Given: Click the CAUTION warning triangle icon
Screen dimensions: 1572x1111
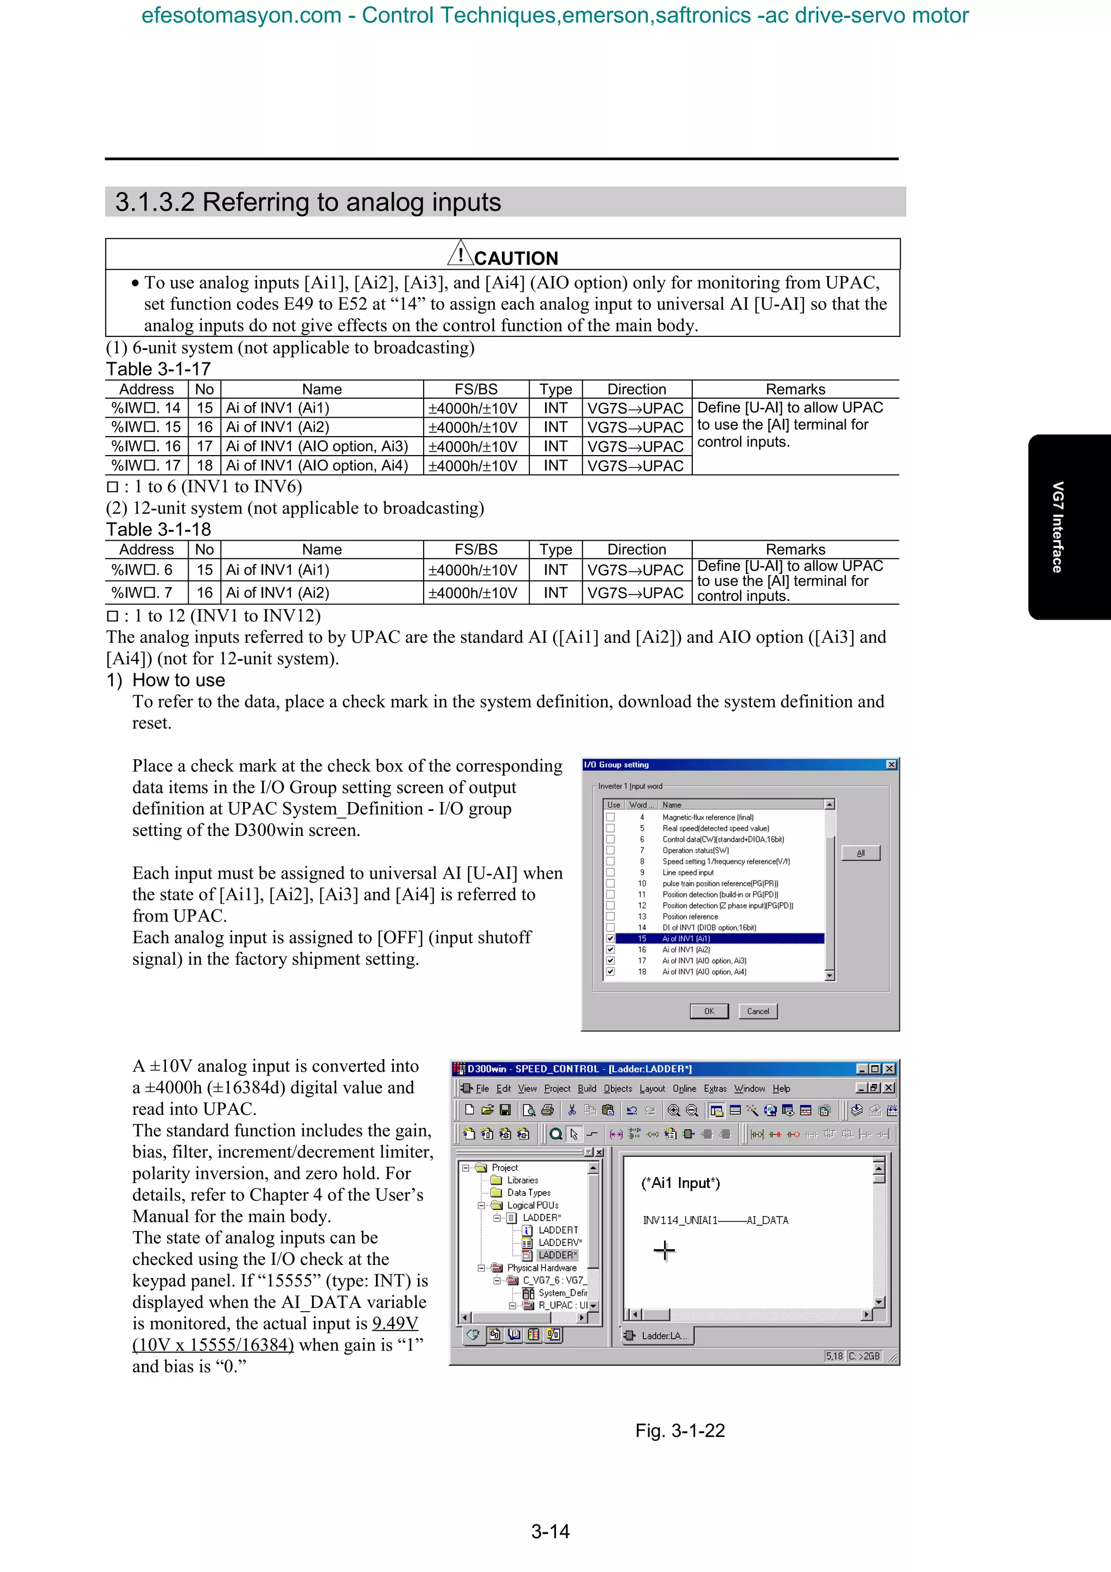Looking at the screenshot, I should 460,253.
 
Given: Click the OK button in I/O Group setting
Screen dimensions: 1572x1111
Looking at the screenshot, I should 708,1011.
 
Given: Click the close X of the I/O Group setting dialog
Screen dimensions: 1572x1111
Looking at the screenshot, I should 891,765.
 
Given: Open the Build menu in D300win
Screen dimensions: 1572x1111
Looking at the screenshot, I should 586,1089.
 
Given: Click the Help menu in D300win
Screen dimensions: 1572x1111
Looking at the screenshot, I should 781,1089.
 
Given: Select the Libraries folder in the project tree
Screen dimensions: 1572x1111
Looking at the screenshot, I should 522,1180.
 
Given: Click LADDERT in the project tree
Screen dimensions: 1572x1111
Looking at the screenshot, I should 557,1230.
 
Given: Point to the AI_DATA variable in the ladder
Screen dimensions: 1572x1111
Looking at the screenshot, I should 768,1220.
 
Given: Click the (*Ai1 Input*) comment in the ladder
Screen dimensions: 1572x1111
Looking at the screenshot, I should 680,1183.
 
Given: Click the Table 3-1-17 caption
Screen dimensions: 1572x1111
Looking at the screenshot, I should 158,369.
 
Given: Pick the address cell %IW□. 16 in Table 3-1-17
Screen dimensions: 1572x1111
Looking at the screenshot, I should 146,446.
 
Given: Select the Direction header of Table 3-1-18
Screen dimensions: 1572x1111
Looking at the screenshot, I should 637,550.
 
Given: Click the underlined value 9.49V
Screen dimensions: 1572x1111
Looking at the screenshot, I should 395,1324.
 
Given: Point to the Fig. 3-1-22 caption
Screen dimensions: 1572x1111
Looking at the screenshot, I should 680,1430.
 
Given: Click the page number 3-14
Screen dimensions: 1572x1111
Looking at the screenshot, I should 551,1531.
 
